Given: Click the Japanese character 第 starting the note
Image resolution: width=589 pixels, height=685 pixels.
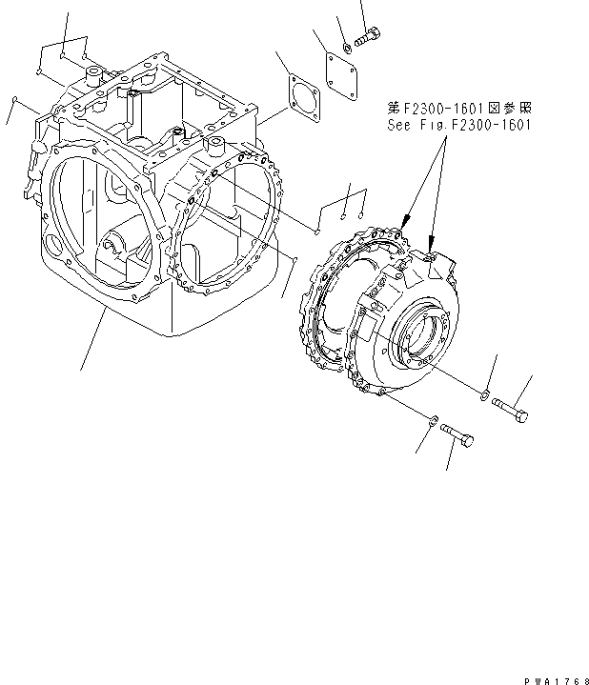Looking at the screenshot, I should click(x=394, y=110).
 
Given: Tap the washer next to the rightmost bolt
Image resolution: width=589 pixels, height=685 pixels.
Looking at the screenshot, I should click(x=487, y=394).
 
